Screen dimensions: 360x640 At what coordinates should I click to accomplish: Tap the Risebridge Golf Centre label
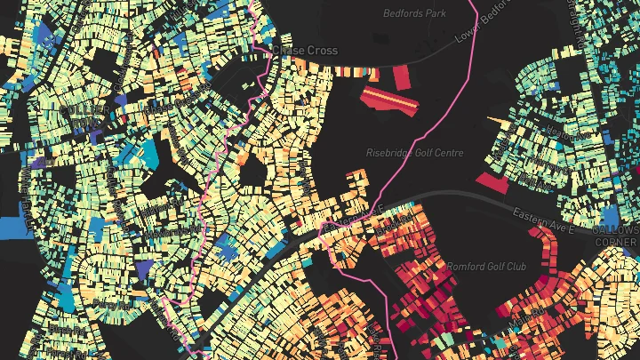(x=415, y=153)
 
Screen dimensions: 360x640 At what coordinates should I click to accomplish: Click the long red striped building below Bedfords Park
(x=391, y=102)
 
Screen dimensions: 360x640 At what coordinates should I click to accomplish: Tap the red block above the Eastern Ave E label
(x=493, y=183)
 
